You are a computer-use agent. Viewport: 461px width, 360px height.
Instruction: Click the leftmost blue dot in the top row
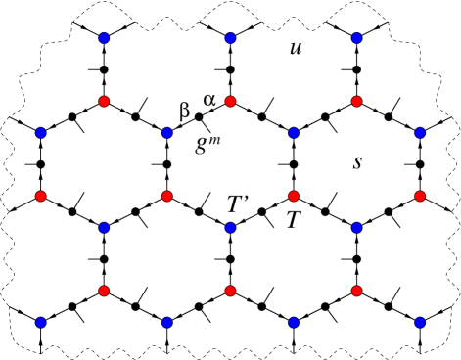104,38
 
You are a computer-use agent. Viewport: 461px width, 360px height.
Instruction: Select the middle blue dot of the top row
230,38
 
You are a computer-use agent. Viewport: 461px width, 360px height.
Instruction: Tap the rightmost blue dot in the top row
356,38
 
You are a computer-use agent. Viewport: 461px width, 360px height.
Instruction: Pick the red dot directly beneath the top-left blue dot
104,101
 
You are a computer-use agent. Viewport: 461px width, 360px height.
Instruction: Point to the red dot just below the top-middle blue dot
230,101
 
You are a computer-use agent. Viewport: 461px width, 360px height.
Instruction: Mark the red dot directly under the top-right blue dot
356,101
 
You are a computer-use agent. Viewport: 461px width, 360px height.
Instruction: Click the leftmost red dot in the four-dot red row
40,196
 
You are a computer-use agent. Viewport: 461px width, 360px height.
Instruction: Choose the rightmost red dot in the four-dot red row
420,196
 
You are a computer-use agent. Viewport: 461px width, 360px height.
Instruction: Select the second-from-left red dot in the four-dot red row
167,196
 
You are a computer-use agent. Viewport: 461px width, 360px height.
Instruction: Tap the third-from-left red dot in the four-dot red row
294,196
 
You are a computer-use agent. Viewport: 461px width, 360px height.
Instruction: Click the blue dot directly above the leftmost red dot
40,133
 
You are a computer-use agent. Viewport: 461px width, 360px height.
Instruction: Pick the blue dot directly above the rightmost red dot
420,133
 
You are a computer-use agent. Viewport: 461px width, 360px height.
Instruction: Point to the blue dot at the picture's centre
230,227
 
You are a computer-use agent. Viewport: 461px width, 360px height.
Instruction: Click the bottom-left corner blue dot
40,322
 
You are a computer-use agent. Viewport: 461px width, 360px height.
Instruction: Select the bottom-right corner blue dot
420,322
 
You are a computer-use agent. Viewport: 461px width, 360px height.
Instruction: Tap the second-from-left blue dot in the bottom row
167,322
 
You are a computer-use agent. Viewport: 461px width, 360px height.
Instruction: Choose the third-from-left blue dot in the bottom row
294,322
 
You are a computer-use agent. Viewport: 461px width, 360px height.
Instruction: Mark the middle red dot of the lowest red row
230,291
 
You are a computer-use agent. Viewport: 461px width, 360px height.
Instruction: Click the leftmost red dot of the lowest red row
104,291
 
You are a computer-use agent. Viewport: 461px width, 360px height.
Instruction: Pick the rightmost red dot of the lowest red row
356,291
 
